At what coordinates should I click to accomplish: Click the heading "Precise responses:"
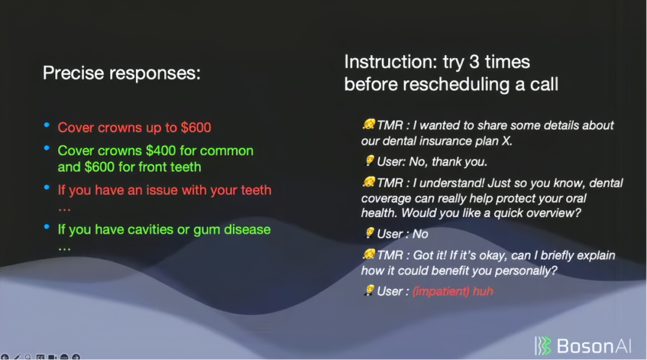[122, 74]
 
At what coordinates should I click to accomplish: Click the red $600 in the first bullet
[196, 128]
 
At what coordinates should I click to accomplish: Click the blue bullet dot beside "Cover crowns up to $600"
[47, 125]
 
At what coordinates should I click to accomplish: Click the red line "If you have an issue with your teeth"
[165, 190]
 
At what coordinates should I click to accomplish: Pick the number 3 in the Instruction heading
[474, 62]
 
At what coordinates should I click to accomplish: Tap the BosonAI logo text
[594, 346]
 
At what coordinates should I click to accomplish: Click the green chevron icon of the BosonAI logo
[543, 346]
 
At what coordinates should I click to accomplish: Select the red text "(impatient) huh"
[453, 292]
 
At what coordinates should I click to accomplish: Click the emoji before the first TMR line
[368, 124]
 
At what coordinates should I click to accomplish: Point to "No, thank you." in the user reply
[448, 162]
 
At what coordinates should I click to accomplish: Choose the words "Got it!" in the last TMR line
[430, 256]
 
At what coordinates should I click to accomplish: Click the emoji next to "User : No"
[370, 233]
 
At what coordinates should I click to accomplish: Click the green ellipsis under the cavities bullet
[64, 249]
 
